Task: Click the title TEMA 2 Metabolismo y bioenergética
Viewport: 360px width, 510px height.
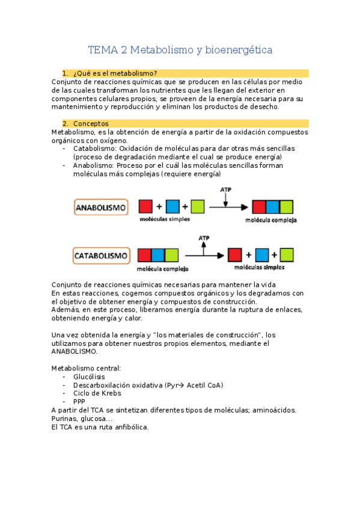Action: [x=180, y=50]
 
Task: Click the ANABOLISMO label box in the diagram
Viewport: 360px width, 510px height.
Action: [x=101, y=208]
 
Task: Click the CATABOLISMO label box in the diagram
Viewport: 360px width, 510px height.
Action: [x=101, y=256]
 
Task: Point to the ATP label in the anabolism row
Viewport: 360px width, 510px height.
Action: [x=225, y=189]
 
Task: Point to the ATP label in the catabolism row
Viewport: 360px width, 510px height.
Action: [x=204, y=238]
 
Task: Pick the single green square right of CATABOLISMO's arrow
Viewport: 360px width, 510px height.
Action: [x=286, y=254]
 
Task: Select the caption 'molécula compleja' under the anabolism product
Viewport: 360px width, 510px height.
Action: [x=270, y=220]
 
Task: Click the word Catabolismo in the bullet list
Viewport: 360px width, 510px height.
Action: [x=94, y=149]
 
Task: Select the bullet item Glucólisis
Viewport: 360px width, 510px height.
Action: [x=89, y=376]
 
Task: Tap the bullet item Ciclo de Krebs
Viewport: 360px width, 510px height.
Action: [x=97, y=393]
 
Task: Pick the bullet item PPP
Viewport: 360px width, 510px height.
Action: [x=79, y=402]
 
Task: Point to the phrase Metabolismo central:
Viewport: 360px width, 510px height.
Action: [x=86, y=368]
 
